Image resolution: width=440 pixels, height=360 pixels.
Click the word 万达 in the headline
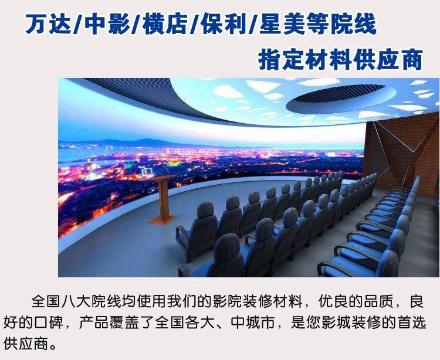49,24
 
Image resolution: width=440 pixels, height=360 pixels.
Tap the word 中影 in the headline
107,24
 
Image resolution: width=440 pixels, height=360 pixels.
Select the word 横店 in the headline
165,24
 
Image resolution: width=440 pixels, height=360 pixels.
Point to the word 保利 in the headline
224,24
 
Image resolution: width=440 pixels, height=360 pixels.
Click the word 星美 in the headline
282,24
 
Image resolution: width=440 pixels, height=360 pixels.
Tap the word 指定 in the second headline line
281,60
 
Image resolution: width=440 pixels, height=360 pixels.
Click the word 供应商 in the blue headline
388,60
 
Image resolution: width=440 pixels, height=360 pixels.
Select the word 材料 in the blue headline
329,60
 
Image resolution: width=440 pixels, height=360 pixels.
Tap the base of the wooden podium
162,219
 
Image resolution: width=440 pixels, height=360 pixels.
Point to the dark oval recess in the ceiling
340,97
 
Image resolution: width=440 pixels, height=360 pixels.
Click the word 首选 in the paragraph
412,322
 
